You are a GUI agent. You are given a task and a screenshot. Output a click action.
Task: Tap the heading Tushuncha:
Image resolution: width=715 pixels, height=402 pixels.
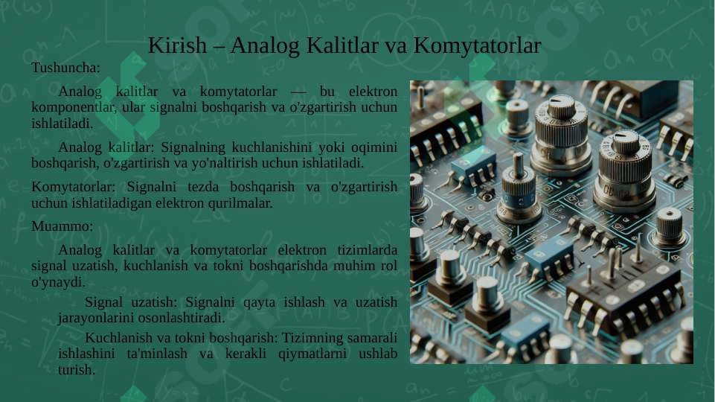point(65,68)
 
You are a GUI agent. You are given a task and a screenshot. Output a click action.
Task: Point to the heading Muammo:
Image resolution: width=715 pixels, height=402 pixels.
point(62,226)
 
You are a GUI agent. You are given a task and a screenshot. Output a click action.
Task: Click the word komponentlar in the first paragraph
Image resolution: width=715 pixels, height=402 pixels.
point(73,107)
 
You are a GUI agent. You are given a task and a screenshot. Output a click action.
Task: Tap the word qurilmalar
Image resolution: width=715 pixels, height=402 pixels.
point(240,202)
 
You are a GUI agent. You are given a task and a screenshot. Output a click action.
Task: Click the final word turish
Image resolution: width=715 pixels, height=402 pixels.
point(76,369)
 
